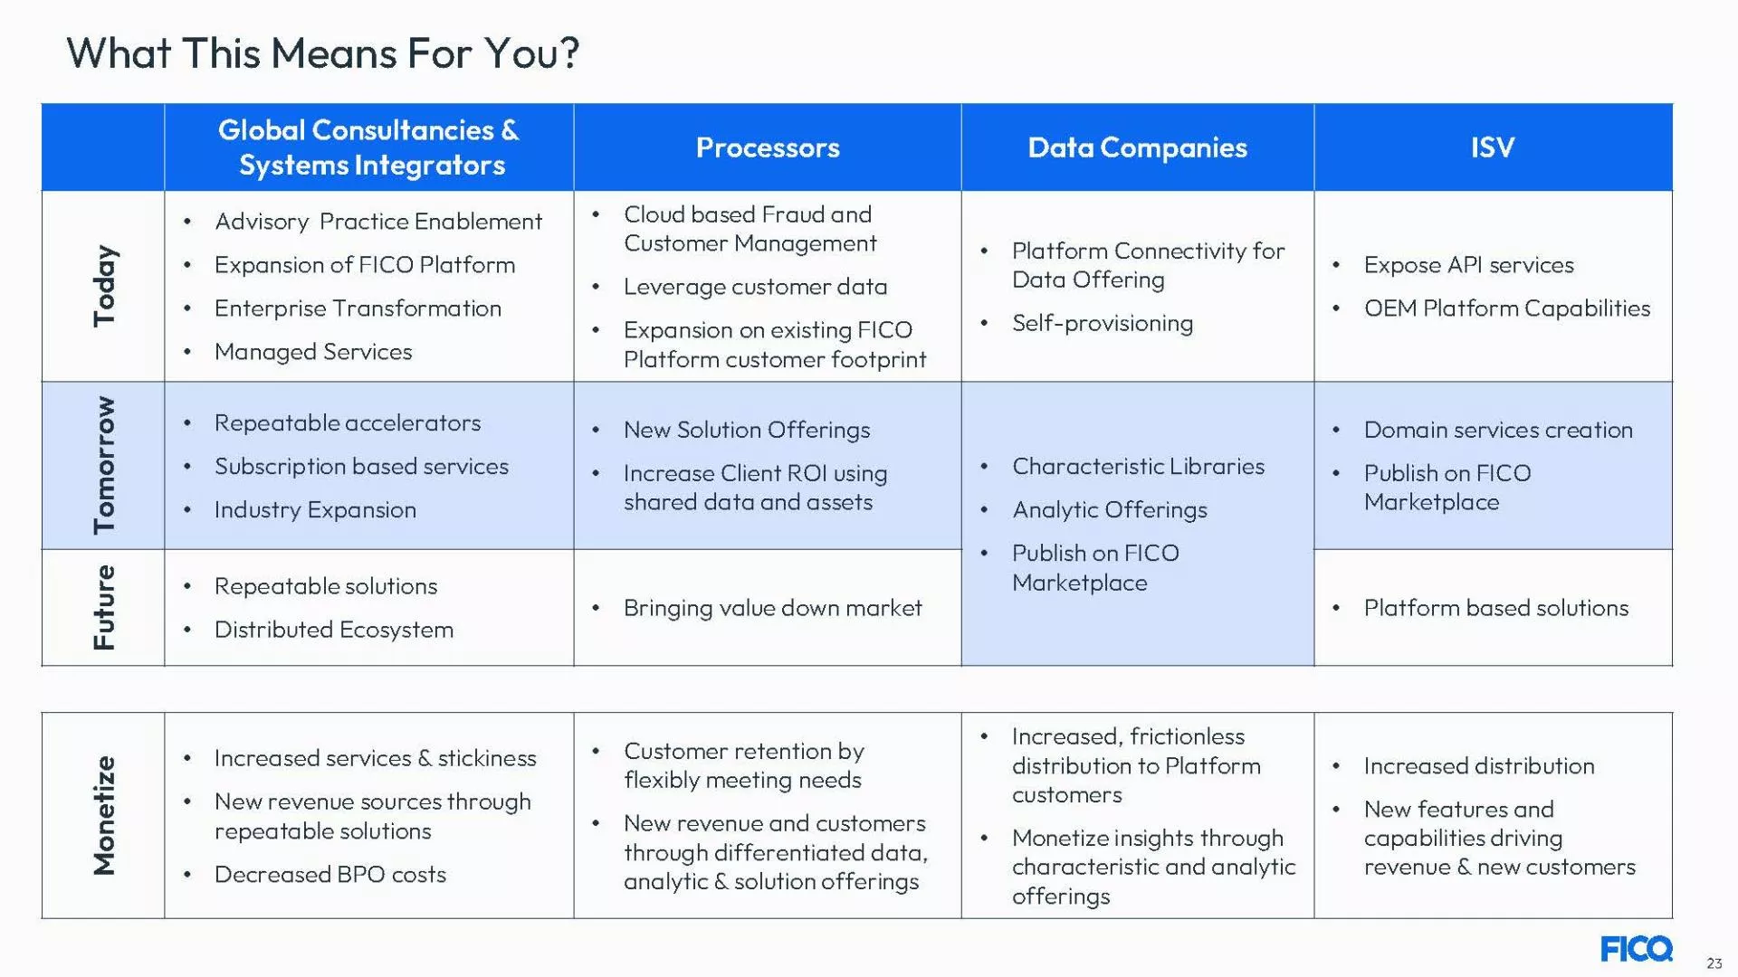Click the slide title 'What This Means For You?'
[x=322, y=52]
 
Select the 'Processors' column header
[x=768, y=147]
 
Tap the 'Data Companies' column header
[x=1137, y=147]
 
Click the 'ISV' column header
[x=1492, y=147]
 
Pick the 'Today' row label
[x=104, y=285]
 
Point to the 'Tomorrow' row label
[x=104, y=465]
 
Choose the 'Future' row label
[x=104, y=607]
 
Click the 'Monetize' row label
[x=104, y=815]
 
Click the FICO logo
[x=1636, y=949]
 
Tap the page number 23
[x=1714, y=963]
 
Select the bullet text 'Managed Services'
[x=313, y=352]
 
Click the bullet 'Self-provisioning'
[x=1102, y=323]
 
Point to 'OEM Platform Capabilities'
[x=1506, y=308]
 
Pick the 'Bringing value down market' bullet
[x=772, y=608]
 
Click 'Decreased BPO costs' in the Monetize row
[x=329, y=875]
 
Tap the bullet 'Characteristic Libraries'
[x=1138, y=467]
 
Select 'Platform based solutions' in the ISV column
[x=1495, y=608]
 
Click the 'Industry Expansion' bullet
[x=315, y=510]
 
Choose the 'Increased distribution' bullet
[x=1478, y=766]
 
